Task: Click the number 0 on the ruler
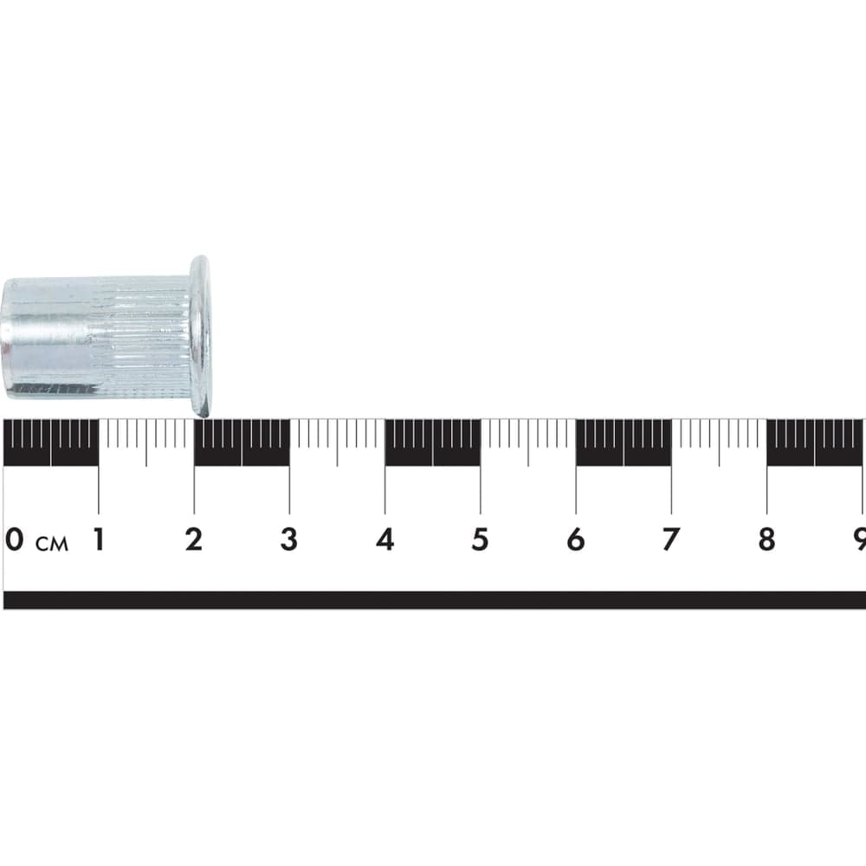[x=15, y=539]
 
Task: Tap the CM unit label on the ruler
[x=52, y=544]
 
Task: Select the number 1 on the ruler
[x=99, y=539]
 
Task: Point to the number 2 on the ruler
[x=194, y=539]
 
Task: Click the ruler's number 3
[x=289, y=539]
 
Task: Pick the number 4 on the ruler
[x=385, y=539]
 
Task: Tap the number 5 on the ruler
[x=480, y=539]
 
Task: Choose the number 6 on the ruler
[x=576, y=539]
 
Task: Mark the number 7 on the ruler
[x=671, y=539]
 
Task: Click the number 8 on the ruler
[x=766, y=539]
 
